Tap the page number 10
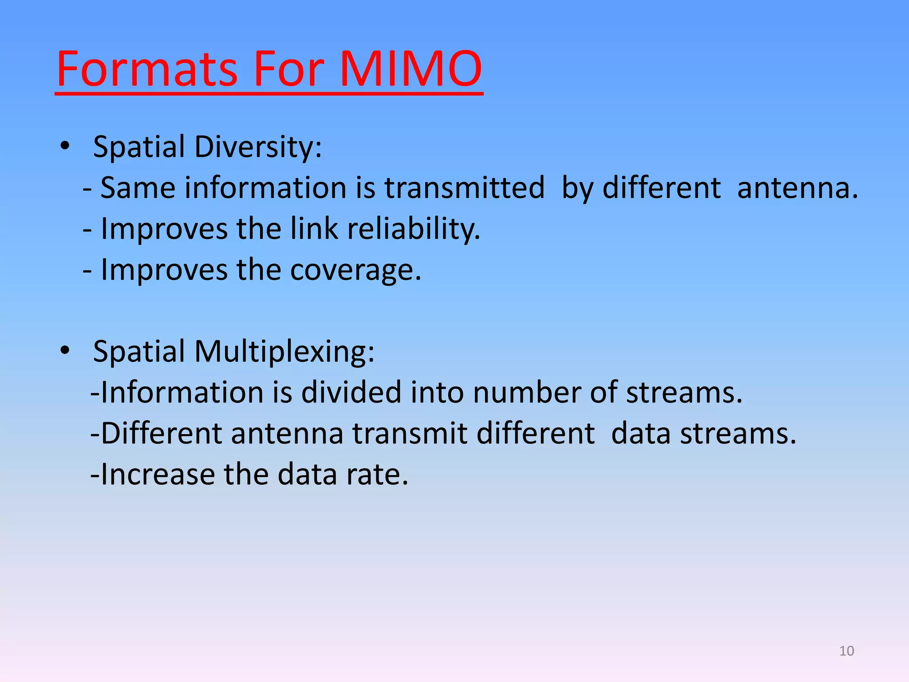pos(846,651)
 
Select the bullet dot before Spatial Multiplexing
pos(65,351)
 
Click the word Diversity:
pos(258,147)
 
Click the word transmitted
pos(464,187)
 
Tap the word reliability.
pos(413,229)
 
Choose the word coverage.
pos(356,270)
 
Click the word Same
pos(138,187)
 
